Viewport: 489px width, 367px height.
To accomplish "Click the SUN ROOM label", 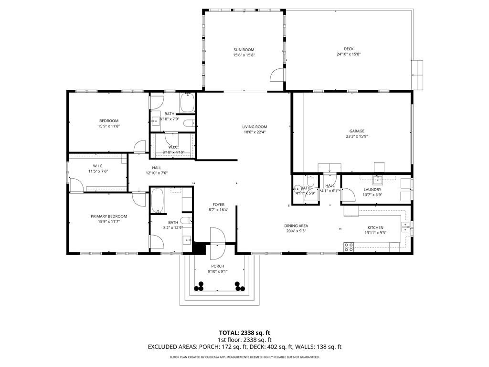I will [x=244, y=50].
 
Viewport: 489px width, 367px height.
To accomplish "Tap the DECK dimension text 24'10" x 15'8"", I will [x=348, y=54].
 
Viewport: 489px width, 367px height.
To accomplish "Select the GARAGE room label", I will [x=357, y=131].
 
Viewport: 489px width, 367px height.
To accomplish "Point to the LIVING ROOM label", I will [x=254, y=127].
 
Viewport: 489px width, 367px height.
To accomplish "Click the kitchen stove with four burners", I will [x=349, y=247].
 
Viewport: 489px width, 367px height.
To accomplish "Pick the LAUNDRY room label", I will [x=372, y=189].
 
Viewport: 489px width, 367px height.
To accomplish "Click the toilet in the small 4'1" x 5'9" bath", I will [x=310, y=182].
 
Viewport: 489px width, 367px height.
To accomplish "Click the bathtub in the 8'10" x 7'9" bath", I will [x=187, y=102].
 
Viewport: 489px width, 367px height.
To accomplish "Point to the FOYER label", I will [x=219, y=205].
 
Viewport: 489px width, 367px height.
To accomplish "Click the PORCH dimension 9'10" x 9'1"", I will [x=217, y=271].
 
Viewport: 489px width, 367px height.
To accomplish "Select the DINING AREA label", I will [x=296, y=226].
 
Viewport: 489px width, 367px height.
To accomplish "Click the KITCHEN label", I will [x=375, y=227].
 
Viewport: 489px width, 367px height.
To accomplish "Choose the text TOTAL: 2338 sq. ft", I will [x=244, y=333].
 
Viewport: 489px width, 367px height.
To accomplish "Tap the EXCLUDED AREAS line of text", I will [x=244, y=347].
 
